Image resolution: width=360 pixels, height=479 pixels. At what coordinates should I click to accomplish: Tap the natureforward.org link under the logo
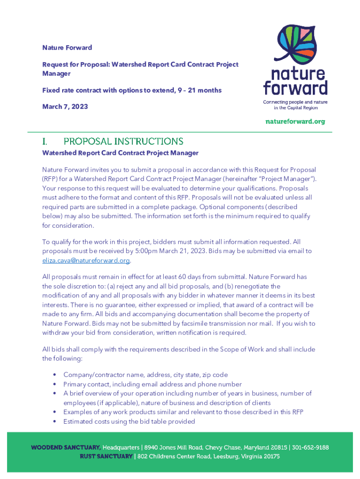coord(295,122)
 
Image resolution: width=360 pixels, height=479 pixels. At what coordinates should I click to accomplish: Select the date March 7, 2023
coord(65,107)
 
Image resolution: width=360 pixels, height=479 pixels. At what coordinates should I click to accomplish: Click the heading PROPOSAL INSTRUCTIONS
coord(123,141)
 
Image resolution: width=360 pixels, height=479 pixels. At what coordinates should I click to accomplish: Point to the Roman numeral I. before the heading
coord(45,141)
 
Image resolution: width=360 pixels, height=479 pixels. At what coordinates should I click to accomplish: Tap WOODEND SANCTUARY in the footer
coord(65,448)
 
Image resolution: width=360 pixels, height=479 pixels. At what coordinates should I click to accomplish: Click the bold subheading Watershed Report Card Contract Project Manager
coord(120,153)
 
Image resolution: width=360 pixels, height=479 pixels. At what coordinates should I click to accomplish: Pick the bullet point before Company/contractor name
coord(55,375)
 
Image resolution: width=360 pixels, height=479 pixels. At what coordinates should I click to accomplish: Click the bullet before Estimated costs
coord(55,421)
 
